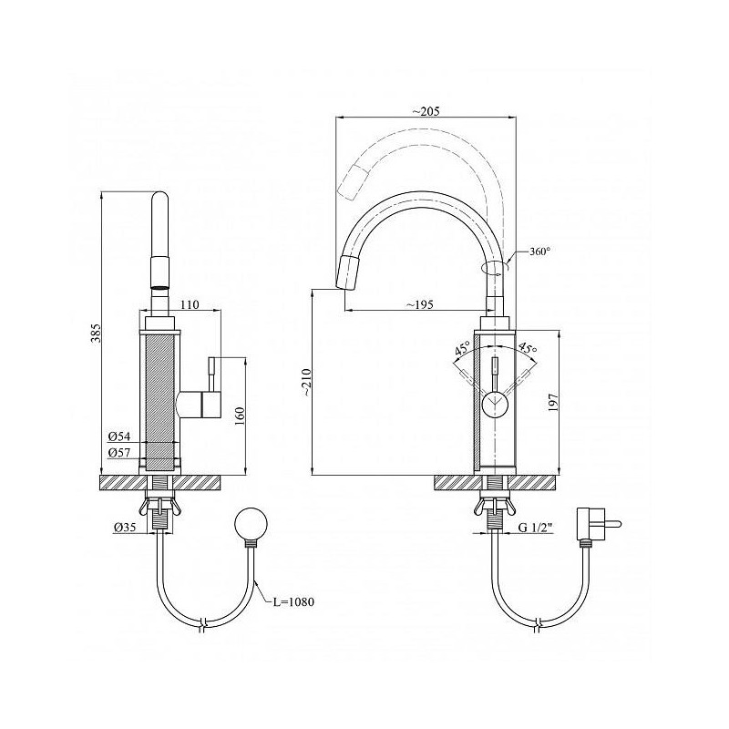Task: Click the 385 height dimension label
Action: [96, 334]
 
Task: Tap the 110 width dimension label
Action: [190, 304]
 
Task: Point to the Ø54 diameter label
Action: [119, 436]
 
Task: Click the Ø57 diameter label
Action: [119, 452]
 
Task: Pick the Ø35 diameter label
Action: [125, 528]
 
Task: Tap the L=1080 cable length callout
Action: [293, 601]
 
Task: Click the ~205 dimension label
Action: [426, 111]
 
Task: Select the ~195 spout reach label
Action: [419, 304]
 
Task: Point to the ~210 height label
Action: [306, 382]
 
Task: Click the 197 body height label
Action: [553, 403]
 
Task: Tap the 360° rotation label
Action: [539, 252]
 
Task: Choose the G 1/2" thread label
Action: [536, 528]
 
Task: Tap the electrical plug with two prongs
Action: [599, 525]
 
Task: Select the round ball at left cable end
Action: [252, 524]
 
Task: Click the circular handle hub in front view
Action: [496, 404]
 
